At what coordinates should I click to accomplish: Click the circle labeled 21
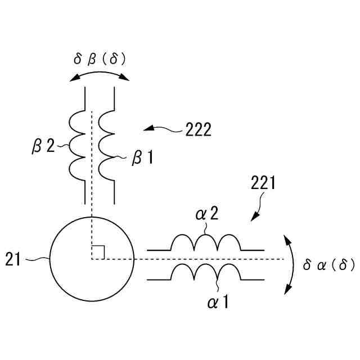point(92,259)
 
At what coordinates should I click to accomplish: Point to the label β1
point(142,159)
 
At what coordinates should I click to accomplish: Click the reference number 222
point(198,130)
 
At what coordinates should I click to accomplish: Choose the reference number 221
point(263,183)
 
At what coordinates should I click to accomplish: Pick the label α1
point(218,302)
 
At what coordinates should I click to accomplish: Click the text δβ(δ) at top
point(100,59)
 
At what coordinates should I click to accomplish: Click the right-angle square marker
point(98,253)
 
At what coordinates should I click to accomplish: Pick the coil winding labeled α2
point(206,242)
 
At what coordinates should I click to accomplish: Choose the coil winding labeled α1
point(206,272)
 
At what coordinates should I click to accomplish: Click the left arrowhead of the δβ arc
point(73,80)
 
